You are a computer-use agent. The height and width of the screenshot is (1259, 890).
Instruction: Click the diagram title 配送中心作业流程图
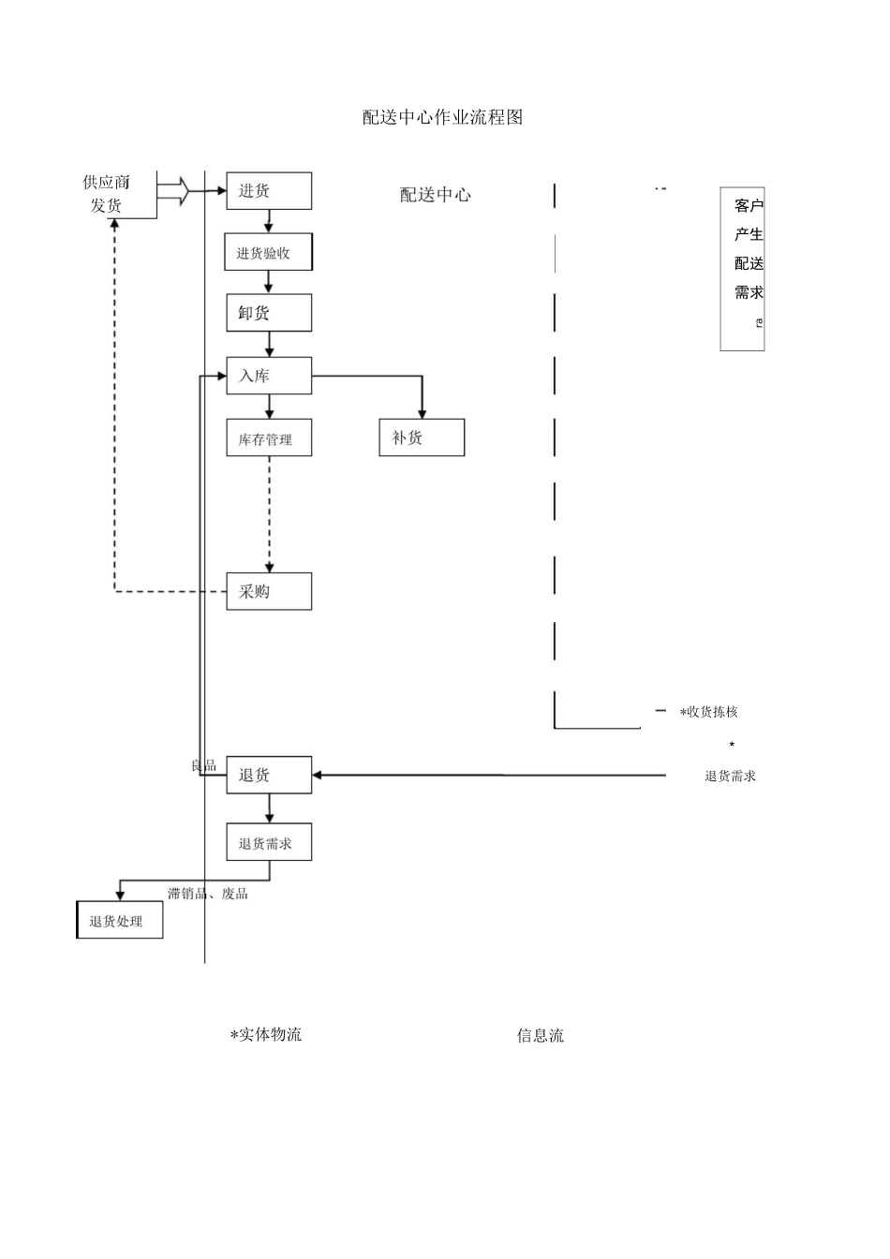tap(442, 117)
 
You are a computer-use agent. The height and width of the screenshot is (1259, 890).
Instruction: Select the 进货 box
tap(269, 191)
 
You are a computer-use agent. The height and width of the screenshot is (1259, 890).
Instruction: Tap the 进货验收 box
tap(268, 253)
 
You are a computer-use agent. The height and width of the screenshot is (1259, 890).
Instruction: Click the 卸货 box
tap(269, 313)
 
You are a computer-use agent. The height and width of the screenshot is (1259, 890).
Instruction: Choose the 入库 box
tap(269, 376)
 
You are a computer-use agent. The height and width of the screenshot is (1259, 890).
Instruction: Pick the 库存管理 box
tap(269, 438)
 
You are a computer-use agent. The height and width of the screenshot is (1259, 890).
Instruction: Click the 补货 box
tap(422, 437)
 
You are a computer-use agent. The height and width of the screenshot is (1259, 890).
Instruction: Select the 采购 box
tap(269, 592)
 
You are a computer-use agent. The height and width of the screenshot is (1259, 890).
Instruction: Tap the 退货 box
tap(269, 775)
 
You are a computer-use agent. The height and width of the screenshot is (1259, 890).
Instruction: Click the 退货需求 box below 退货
tap(269, 843)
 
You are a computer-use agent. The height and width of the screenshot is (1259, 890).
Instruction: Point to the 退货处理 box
tap(119, 921)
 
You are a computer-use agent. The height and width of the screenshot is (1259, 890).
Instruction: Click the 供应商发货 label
tap(106, 194)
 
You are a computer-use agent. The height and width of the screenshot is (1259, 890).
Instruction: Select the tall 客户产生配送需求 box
tap(743, 269)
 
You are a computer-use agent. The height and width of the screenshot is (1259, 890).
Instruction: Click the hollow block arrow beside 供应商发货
tap(173, 191)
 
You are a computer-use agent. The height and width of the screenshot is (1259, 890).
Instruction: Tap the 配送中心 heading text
tap(436, 195)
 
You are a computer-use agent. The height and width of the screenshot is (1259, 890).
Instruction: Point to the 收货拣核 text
tap(712, 712)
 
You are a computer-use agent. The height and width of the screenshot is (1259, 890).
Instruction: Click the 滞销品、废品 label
tap(208, 894)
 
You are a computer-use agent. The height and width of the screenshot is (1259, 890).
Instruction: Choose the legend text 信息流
tap(541, 1036)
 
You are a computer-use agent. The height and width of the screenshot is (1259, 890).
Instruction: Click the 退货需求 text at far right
tap(731, 776)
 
